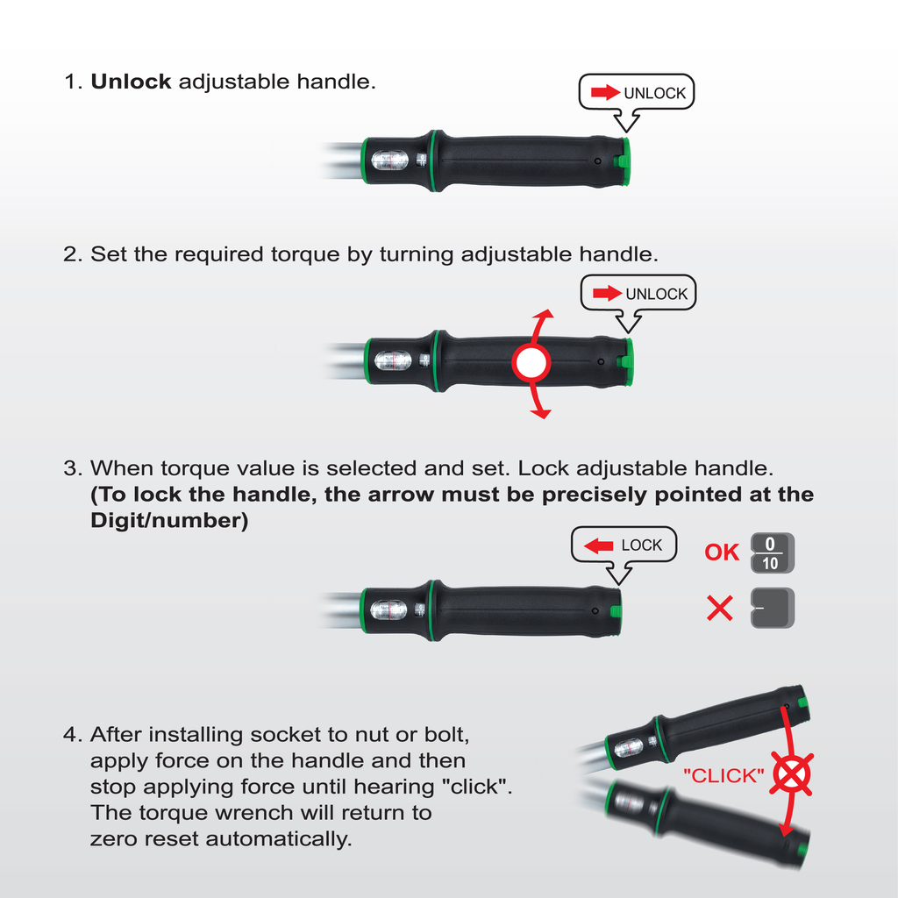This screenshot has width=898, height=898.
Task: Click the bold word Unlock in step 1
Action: [132, 82]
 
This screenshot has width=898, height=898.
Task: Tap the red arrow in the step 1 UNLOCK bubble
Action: [605, 92]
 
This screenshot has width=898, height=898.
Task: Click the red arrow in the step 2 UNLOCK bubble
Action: [607, 293]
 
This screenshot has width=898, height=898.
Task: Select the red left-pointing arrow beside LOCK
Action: [598, 545]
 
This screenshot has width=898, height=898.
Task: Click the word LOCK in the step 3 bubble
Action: [641, 545]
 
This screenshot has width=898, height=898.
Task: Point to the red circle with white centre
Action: [531, 362]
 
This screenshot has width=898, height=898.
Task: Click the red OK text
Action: [722, 552]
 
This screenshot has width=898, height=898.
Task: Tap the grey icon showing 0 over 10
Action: [773, 553]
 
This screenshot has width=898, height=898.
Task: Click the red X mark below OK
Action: [720, 609]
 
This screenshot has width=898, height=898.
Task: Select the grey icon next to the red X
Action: [773, 608]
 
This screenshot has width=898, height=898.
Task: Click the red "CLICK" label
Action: [723, 775]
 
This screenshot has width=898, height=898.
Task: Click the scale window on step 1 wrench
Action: [390, 160]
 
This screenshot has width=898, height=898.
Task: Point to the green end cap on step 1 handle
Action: [624, 161]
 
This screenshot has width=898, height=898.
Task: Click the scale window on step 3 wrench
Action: [388, 610]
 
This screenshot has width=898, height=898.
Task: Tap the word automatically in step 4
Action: [278, 839]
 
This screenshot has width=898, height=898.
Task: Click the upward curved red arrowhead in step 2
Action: [544, 314]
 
